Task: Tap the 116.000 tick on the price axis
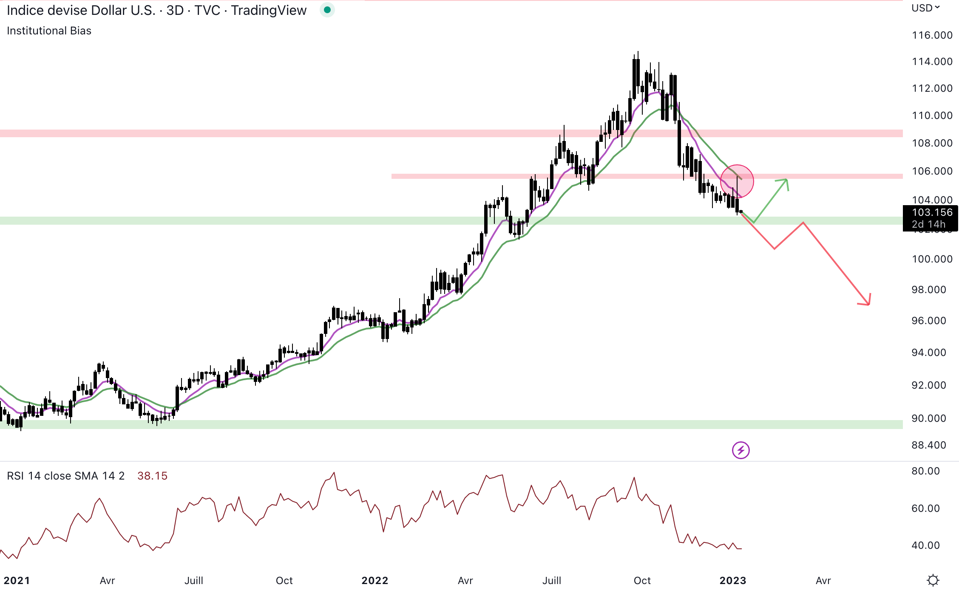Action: coord(932,35)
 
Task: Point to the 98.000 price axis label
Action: coord(929,290)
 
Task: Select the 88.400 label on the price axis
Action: coord(929,445)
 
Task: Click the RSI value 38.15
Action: coord(152,476)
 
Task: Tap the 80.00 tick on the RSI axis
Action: coord(925,471)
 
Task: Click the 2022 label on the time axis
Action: coord(375,580)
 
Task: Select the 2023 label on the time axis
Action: coord(732,580)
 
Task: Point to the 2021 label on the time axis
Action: coord(17,580)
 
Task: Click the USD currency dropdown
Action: coord(925,8)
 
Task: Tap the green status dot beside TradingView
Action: coord(327,10)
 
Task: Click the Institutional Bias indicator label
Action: coord(49,31)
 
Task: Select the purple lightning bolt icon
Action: coord(741,450)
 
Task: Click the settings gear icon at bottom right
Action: coord(933,580)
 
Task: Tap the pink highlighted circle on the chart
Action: coord(737,181)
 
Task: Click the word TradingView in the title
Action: coord(269,10)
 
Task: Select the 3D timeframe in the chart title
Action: coord(175,10)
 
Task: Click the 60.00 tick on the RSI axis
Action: coord(925,508)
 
